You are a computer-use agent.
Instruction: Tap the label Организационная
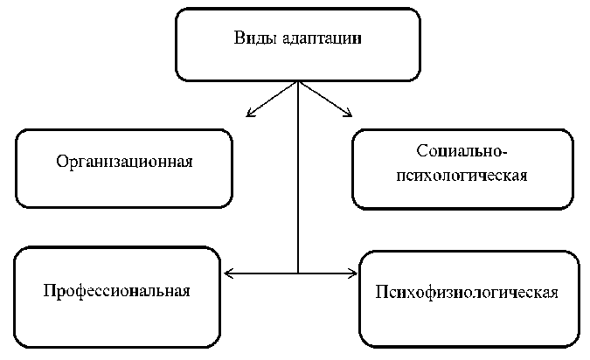point(124,163)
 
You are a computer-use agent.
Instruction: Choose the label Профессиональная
point(116,289)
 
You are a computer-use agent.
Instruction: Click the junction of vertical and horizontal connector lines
point(299,273)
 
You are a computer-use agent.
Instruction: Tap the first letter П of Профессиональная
point(48,289)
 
